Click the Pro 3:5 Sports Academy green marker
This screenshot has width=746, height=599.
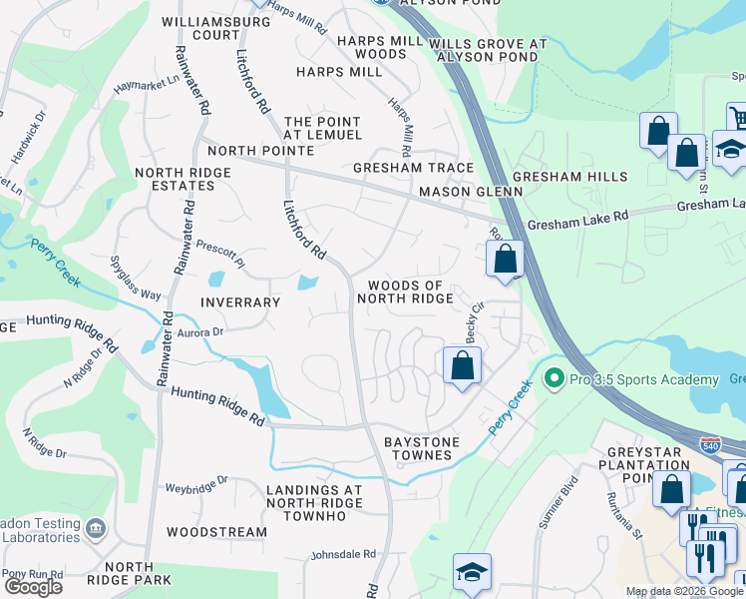click(555, 379)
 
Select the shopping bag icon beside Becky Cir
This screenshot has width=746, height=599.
click(462, 365)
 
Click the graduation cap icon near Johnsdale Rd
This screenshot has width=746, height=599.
click(472, 572)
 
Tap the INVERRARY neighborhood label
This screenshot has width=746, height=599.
click(240, 302)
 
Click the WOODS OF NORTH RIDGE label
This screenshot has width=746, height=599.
click(405, 292)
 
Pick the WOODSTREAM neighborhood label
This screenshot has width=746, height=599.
click(216, 532)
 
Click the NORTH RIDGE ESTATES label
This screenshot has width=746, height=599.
click(183, 180)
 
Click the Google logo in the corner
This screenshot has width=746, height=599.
click(33, 587)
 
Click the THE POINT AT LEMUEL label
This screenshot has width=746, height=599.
click(322, 128)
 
